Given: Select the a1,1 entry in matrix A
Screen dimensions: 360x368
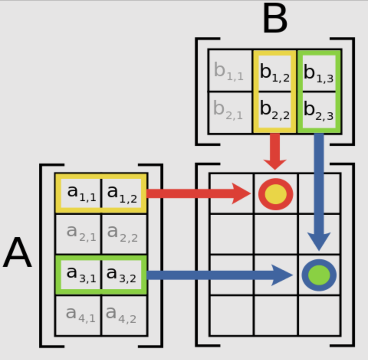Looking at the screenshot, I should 79,193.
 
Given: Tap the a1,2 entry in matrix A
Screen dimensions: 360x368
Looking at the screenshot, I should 122,193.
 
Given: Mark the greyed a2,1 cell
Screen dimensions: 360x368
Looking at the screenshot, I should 79,233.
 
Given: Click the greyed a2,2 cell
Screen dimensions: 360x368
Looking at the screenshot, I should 122,233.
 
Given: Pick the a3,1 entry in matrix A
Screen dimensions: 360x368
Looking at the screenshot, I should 79,273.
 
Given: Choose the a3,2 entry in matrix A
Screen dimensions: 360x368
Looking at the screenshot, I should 122,273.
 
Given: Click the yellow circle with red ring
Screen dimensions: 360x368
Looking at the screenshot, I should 276,194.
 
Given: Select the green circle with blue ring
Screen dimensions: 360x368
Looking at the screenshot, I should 319,275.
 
